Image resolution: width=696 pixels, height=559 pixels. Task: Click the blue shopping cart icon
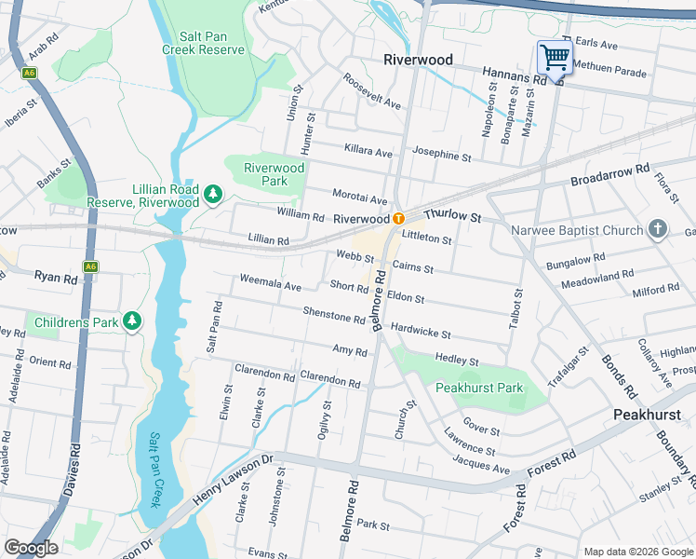coord(555,58)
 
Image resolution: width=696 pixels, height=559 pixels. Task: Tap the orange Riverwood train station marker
coord(397,218)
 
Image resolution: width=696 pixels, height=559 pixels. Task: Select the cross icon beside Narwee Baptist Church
coord(658,229)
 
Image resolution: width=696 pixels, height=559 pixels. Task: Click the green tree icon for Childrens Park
coord(132,322)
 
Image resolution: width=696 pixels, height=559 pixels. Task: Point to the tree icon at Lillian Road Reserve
coord(214,193)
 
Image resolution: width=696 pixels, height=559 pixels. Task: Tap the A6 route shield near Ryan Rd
coord(90,266)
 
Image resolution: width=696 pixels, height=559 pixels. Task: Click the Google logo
coord(32,548)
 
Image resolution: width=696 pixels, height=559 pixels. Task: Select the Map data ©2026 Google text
coord(637,552)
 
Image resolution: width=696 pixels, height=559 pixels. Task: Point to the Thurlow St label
coord(452,216)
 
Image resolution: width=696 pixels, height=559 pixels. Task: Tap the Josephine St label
coord(442,155)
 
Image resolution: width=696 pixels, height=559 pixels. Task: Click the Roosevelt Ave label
coord(371,92)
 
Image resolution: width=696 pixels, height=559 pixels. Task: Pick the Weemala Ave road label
coord(270,279)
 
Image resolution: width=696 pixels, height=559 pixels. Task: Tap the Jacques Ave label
coord(482,464)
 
